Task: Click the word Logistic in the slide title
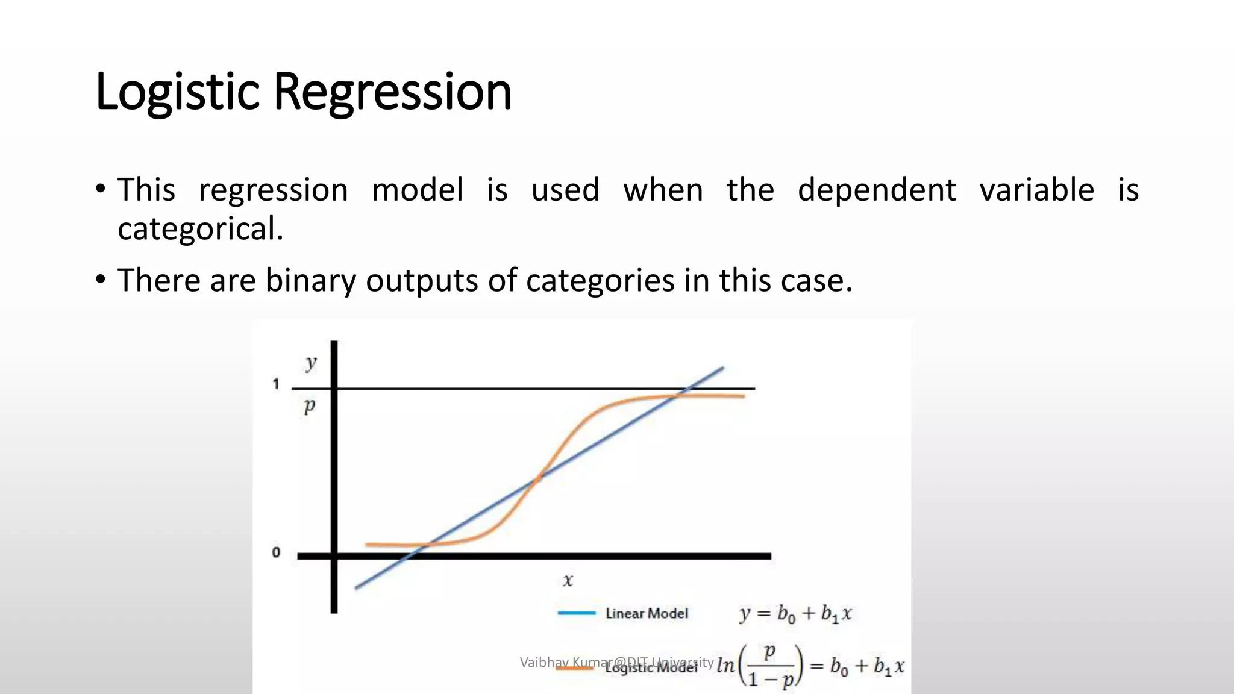(177, 92)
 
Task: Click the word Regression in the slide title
(392, 92)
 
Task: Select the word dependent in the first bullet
(877, 190)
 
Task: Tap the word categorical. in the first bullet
(200, 229)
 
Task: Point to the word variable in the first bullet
(1036, 190)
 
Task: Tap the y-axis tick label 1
(276, 384)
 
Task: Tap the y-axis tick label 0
(276, 552)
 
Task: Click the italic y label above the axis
(310, 363)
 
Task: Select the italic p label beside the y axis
(309, 405)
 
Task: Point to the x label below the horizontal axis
(568, 580)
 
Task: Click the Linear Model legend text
(647, 613)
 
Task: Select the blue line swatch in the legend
(577, 613)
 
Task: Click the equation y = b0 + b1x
(795, 614)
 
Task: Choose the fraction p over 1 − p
(769, 666)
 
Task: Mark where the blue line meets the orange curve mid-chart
(538, 478)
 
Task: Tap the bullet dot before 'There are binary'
(101, 280)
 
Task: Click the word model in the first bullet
(418, 190)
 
